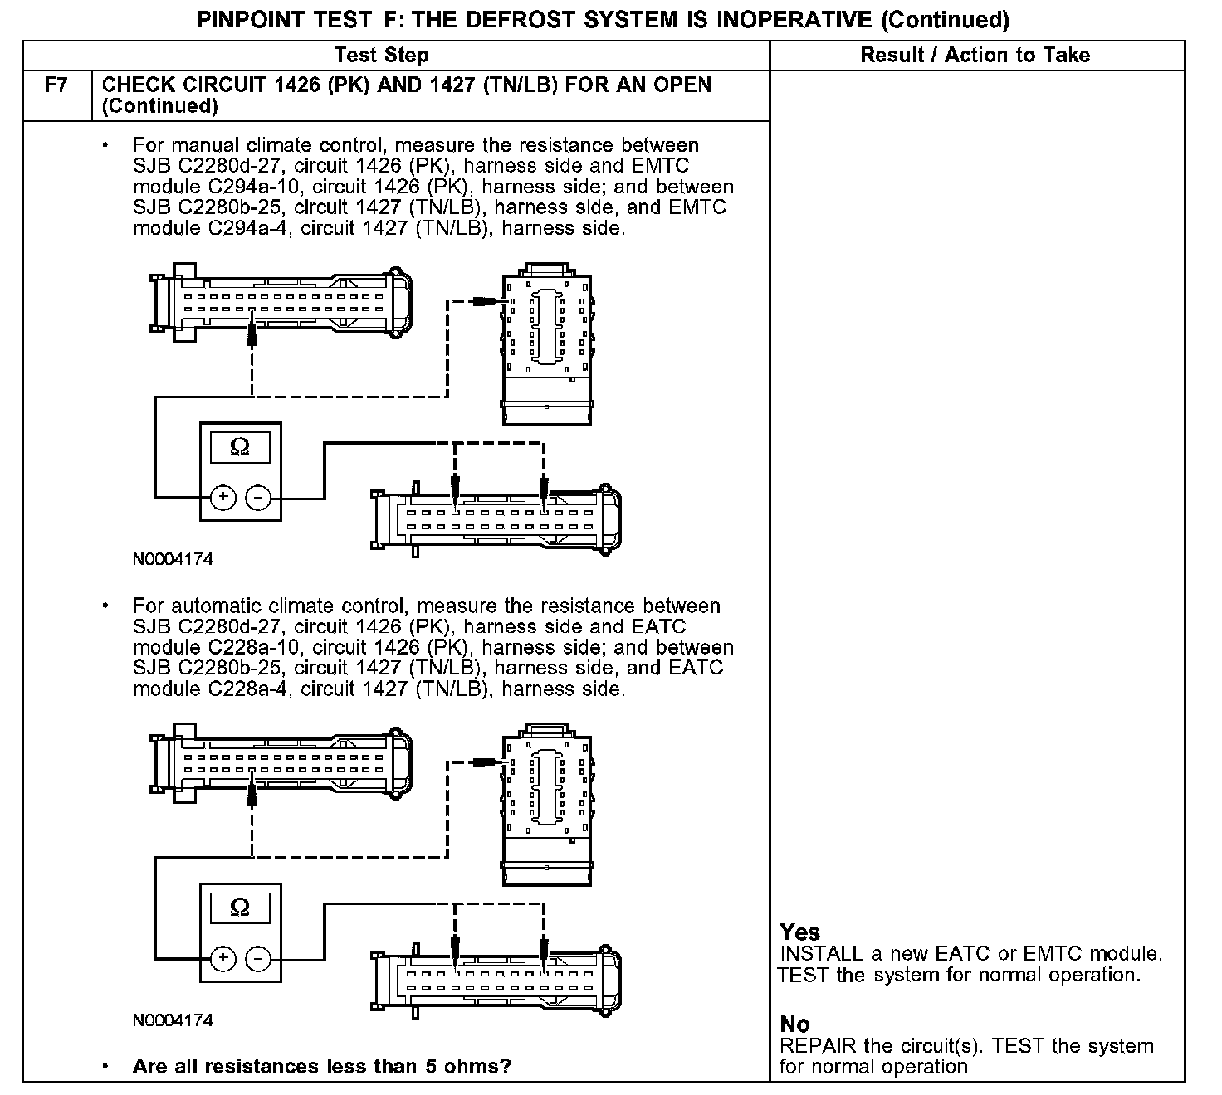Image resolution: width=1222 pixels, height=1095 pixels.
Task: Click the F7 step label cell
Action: pyautogui.click(x=56, y=85)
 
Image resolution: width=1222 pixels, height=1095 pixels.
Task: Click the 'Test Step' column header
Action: pyautogui.click(x=381, y=56)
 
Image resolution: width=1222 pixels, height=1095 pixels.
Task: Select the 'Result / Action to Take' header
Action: pyautogui.click(x=975, y=56)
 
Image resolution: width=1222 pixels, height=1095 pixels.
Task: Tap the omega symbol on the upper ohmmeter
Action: pyautogui.click(x=240, y=447)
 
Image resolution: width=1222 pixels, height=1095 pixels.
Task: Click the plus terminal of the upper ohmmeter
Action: pyautogui.click(x=222, y=497)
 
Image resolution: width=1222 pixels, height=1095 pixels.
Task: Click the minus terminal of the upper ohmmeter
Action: pyautogui.click(x=259, y=497)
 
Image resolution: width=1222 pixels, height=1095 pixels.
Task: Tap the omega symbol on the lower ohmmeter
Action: pyautogui.click(x=240, y=908)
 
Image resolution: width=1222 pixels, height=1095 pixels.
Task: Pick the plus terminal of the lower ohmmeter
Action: pyautogui.click(x=222, y=958)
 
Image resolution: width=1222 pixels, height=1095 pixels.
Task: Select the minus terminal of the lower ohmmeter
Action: pyautogui.click(x=259, y=958)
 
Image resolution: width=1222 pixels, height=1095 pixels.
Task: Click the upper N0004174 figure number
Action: pyautogui.click(x=173, y=559)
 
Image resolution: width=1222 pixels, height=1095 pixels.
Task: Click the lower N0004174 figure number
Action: pyautogui.click(x=173, y=1020)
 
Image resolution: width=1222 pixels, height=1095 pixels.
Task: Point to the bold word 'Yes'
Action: pyautogui.click(x=800, y=932)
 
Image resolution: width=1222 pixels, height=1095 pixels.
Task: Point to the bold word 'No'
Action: pyautogui.click(x=795, y=1024)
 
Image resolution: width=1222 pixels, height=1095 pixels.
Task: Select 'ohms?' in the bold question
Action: pyautogui.click(x=479, y=1066)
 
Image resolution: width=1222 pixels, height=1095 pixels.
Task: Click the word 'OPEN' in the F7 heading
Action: pyautogui.click(x=682, y=85)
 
